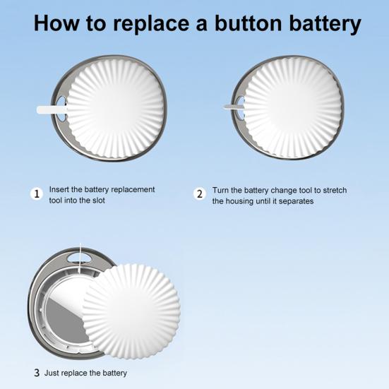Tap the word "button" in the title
249,23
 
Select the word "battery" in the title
325,24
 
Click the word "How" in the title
56,23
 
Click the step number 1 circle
37,193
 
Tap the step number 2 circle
200,193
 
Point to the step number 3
37,373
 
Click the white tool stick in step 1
52,109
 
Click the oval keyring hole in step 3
79,258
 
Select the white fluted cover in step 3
131,311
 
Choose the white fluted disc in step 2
293,108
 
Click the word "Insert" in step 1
59,189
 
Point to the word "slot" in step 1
99,201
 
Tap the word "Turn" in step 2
220,191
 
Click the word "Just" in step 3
52,373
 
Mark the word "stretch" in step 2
335,191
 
